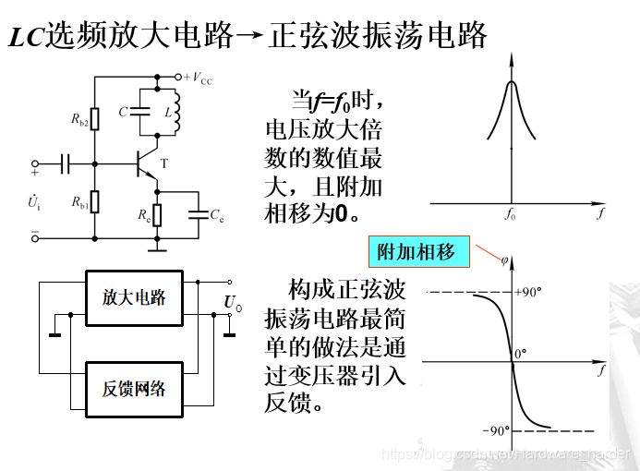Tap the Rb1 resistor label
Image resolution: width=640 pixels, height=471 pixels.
(78, 205)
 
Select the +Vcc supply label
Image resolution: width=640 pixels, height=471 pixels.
(198, 78)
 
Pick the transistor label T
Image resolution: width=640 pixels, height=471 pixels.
(164, 163)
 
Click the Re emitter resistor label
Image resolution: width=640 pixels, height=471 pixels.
(144, 216)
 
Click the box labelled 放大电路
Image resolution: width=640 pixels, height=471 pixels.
(134, 298)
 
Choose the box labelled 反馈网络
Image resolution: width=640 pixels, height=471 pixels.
(134, 387)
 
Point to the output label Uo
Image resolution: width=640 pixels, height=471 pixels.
(233, 302)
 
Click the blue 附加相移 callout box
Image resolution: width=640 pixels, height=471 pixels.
(417, 251)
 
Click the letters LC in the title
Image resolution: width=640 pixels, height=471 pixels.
(26, 37)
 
